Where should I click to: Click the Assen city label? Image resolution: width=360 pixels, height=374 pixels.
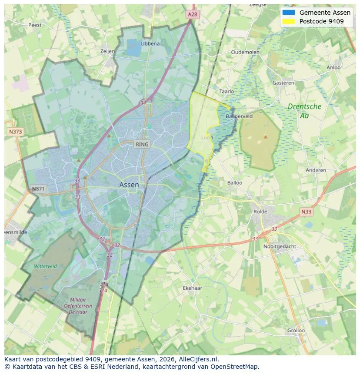click(x=129, y=185)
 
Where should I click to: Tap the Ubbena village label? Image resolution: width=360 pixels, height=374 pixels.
click(x=150, y=43)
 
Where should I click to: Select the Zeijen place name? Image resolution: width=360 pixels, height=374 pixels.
click(x=107, y=51)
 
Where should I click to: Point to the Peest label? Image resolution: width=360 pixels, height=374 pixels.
click(x=35, y=25)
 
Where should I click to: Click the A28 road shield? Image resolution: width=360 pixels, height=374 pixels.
click(x=193, y=14)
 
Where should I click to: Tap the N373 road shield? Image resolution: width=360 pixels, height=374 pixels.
click(x=15, y=131)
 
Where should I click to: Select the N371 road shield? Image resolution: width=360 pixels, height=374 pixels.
click(x=38, y=189)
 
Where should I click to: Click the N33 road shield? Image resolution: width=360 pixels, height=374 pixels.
click(x=306, y=212)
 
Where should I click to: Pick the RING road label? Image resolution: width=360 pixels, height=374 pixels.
click(x=142, y=144)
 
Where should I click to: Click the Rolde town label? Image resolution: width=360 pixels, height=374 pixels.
click(x=261, y=212)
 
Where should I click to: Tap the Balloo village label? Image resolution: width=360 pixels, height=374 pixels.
click(x=235, y=183)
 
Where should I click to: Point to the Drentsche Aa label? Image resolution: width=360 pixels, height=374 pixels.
click(x=304, y=111)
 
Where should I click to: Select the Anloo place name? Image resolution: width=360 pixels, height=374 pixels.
click(x=333, y=67)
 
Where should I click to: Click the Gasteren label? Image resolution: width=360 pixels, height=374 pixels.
click(x=283, y=83)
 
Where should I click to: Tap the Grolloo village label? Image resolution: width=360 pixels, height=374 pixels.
click(x=296, y=330)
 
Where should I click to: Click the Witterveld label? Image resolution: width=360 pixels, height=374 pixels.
click(x=46, y=266)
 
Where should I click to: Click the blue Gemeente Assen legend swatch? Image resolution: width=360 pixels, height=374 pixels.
click(x=288, y=13)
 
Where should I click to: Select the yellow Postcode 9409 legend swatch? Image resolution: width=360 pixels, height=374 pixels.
click(x=288, y=21)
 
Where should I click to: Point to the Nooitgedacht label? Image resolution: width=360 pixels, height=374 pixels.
click(x=280, y=246)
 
